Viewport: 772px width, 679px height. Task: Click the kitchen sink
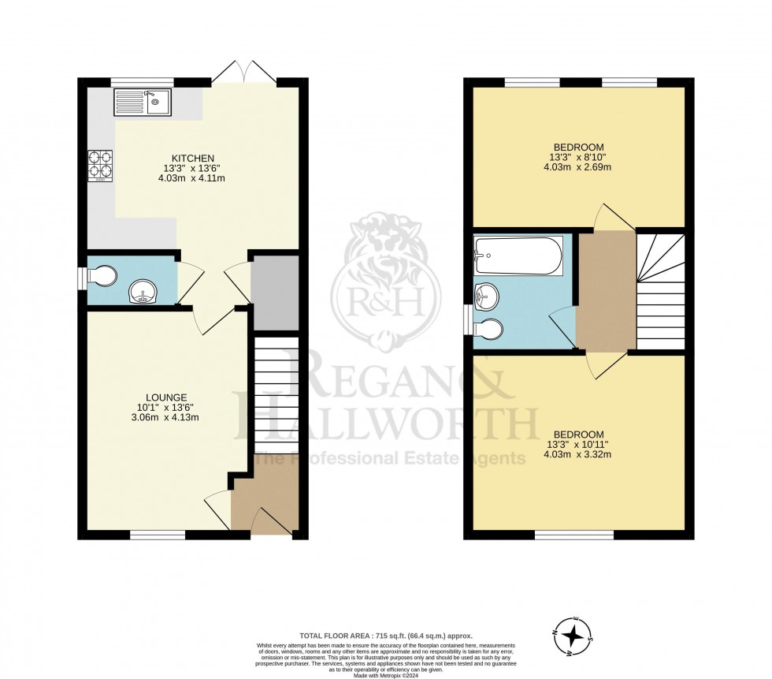click(x=143, y=102)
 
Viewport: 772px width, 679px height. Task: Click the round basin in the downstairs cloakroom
click(x=143, y=293)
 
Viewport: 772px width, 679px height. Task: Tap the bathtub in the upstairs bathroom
click(x=518, y=256)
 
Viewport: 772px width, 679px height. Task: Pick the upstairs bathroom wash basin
click(x=486, y=297)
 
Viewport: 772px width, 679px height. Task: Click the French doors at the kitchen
click(x=243, y=75)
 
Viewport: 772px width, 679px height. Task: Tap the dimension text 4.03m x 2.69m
click(x=578, y=167)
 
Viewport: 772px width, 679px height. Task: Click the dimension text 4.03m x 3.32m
click(x=578, y=455)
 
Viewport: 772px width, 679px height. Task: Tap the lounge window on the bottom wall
click(x=158, y=535)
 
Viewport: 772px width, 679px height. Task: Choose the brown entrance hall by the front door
click(x=265, y=505)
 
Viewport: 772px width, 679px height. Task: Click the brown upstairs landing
click(x=606, y=291)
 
